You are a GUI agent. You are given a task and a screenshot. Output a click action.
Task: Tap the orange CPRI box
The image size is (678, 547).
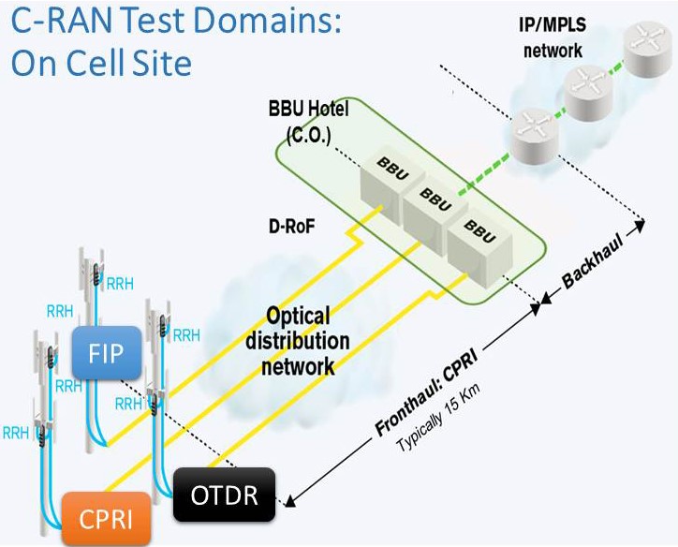click(107, 517)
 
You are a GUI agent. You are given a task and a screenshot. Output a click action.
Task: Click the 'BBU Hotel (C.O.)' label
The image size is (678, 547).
click(308, 120)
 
